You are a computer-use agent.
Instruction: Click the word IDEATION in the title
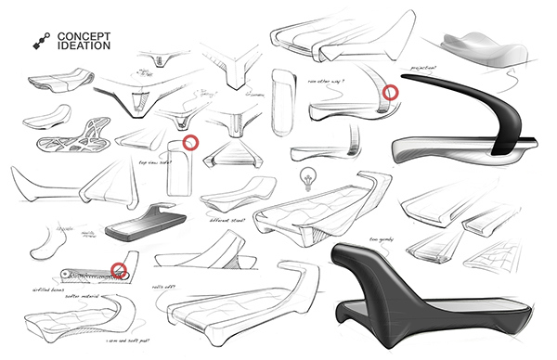tap(84, 45)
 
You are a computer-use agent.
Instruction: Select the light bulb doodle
tap(303, 176)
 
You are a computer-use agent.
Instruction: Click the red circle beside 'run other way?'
tap(392, 93)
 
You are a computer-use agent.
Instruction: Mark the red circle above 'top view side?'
tap(191, 142)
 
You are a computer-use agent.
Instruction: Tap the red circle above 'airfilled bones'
tap(119, 269)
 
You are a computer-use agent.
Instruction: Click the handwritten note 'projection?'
tap(420, 68)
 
